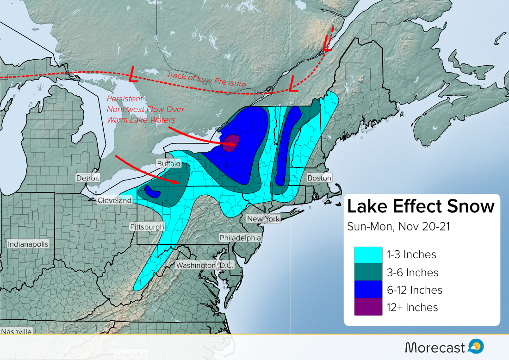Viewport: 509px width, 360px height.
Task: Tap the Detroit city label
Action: coord(88,178)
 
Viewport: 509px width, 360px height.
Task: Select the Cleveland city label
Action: coord(114,200)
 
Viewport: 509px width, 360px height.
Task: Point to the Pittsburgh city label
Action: coord(147,227)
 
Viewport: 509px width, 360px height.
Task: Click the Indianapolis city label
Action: coord(28,244)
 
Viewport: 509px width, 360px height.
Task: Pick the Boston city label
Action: coord(319,178)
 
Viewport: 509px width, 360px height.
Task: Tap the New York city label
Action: coord(263,218)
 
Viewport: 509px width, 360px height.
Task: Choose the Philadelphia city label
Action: coord(240,238)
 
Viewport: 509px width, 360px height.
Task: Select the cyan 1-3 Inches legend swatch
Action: coord(368,255)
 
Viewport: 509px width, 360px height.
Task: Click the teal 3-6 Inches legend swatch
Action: coord(368,273)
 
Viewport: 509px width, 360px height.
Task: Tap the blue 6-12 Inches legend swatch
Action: coord(368,290)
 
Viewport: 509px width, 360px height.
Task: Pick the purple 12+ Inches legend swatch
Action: coord(368,307)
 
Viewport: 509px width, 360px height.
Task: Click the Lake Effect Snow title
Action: coord(421,206)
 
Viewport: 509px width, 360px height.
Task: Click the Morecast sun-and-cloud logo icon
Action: coord(476,346)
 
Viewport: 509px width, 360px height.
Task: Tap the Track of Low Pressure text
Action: coord(206,80)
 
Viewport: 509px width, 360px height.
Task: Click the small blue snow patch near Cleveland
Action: coord(152,191)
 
